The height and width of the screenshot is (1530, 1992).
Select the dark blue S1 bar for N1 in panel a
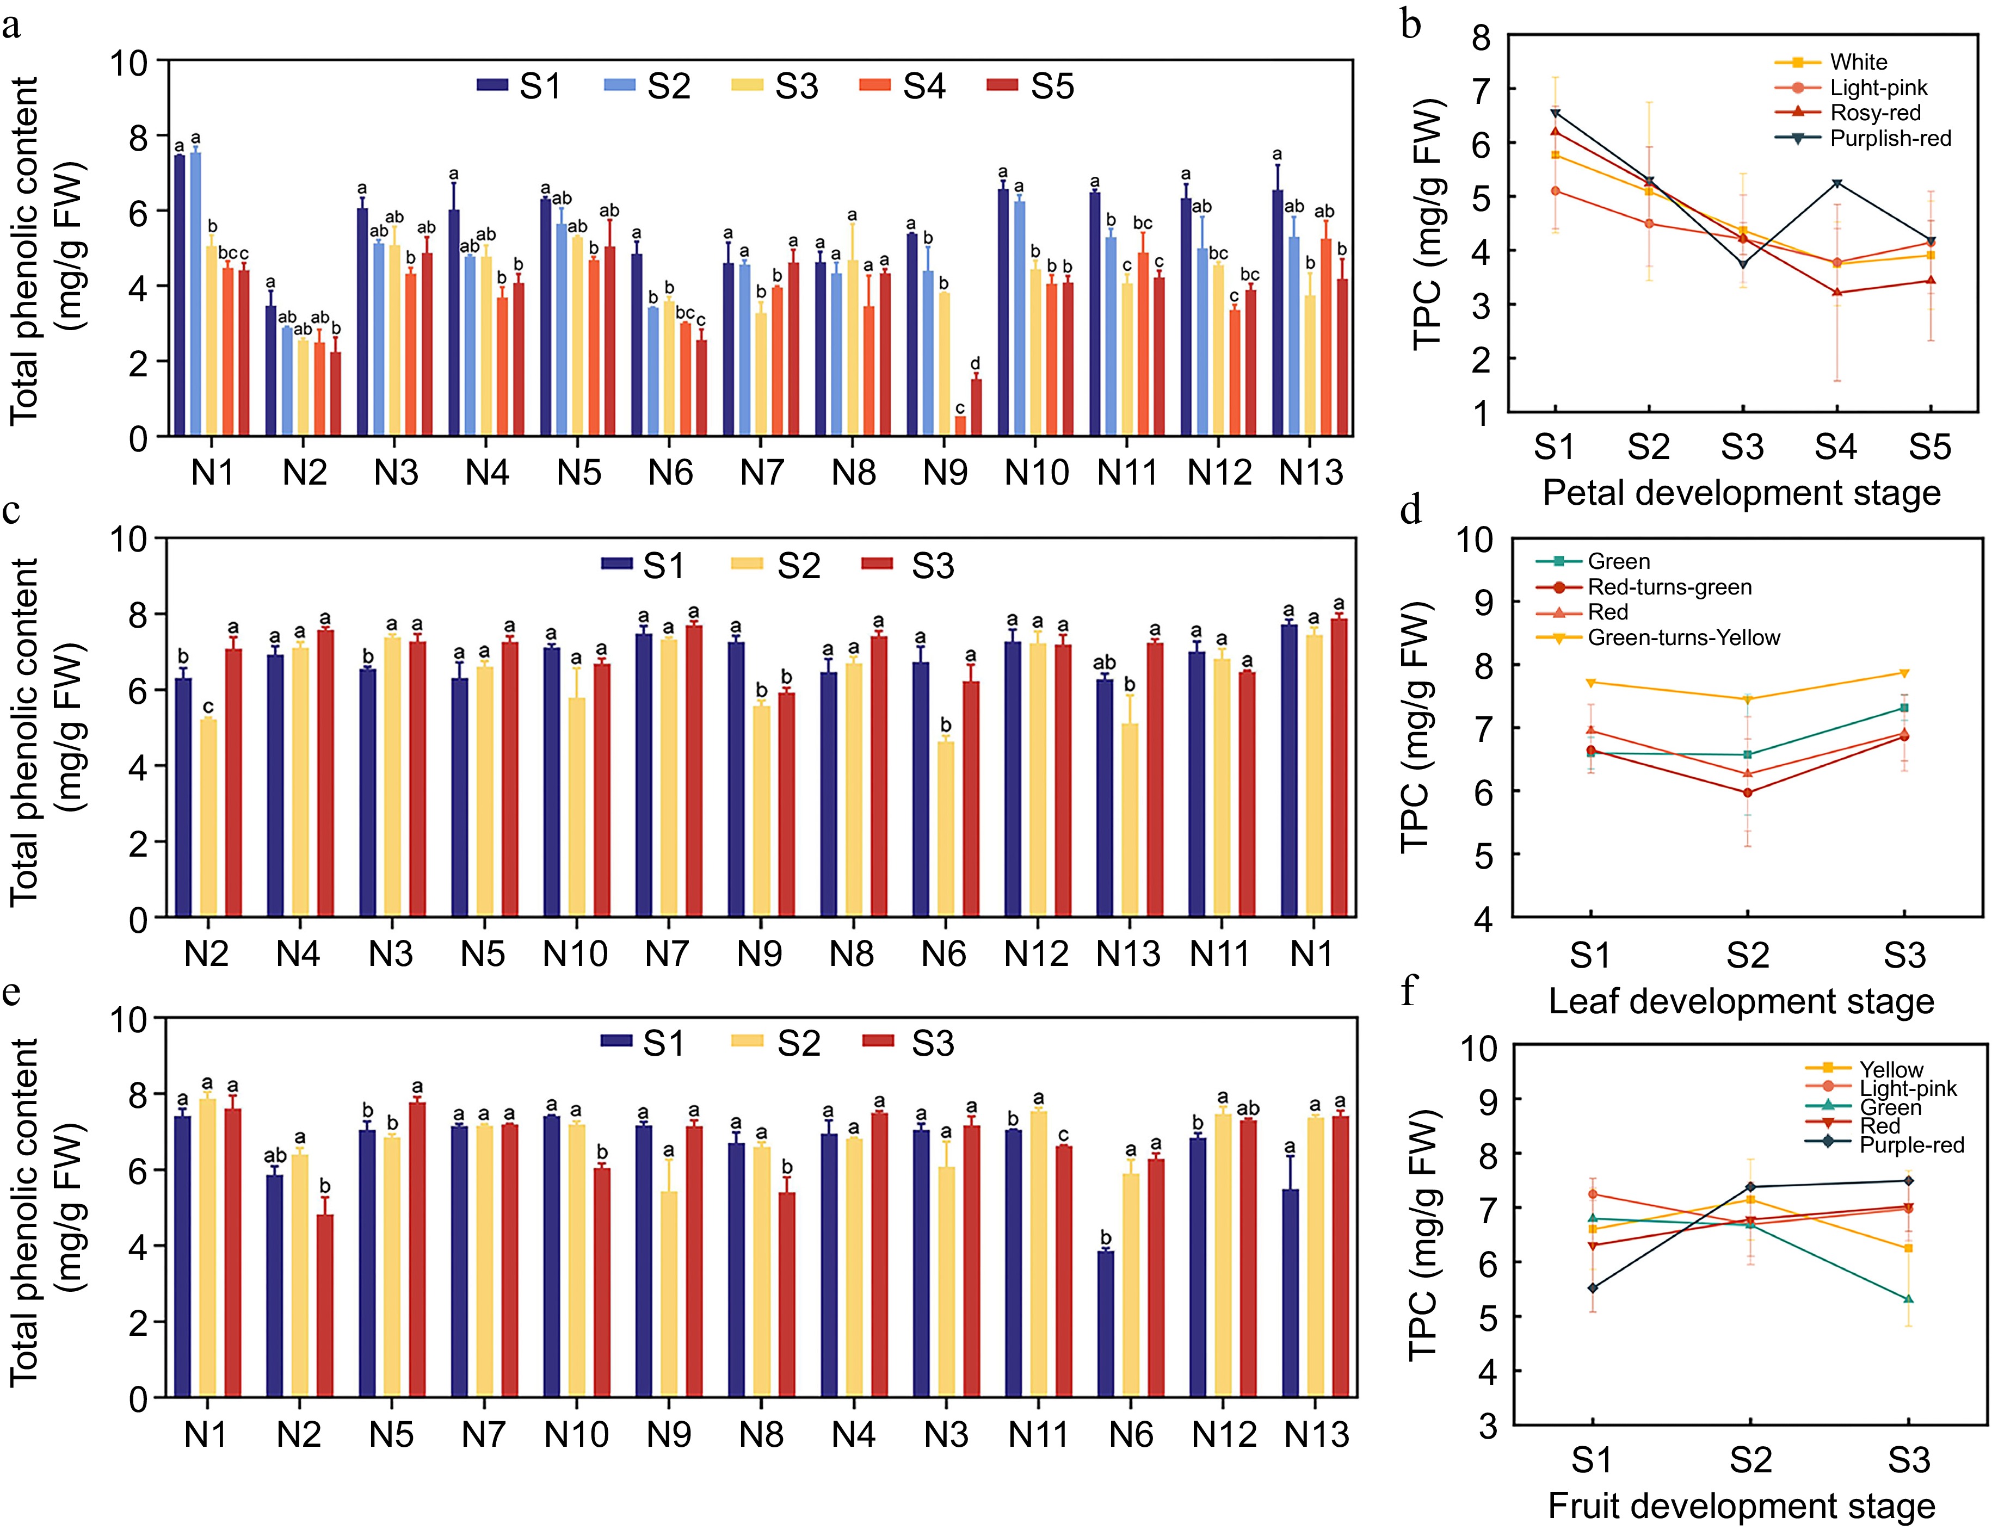[x=180, y=296]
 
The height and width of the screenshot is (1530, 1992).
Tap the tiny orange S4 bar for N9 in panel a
[x=960, y=426]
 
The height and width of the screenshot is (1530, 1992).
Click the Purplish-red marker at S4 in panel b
[x=1837, y=183]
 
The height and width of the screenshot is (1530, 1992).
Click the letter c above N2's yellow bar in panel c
[x=208, y=707]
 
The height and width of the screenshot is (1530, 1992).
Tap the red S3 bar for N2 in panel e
[x=324, y=1305]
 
